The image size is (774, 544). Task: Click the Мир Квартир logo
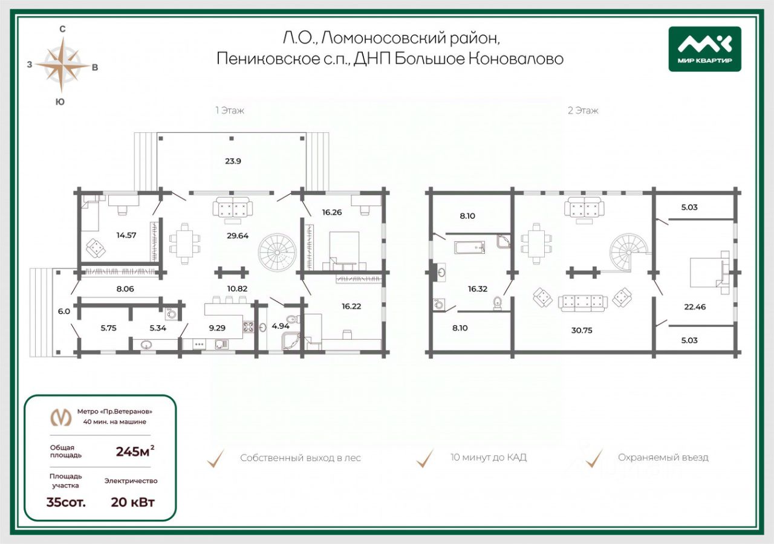705,49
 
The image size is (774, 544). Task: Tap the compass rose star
62,65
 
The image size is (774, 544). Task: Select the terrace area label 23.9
233,161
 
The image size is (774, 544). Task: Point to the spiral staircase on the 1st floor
277,253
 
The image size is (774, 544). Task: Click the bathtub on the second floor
469,247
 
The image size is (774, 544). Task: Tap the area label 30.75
582,330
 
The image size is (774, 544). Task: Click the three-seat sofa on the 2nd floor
582,303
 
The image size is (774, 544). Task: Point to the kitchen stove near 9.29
248,327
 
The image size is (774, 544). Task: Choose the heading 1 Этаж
229,111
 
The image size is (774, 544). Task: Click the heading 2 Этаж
583,111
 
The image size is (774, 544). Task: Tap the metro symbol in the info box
61,418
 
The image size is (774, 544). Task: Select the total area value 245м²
135,451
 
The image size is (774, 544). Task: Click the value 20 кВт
132,502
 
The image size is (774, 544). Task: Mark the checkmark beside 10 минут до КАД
425,458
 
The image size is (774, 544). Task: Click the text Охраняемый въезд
663,458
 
